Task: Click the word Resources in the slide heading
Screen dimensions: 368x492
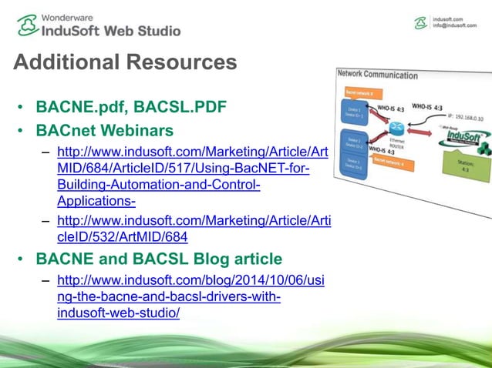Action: point(178,62)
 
